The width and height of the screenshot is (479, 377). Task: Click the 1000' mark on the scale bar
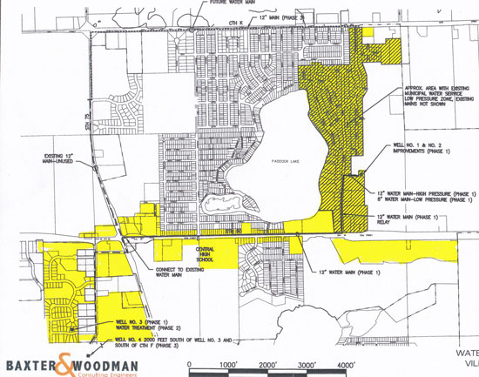click(229, 364)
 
